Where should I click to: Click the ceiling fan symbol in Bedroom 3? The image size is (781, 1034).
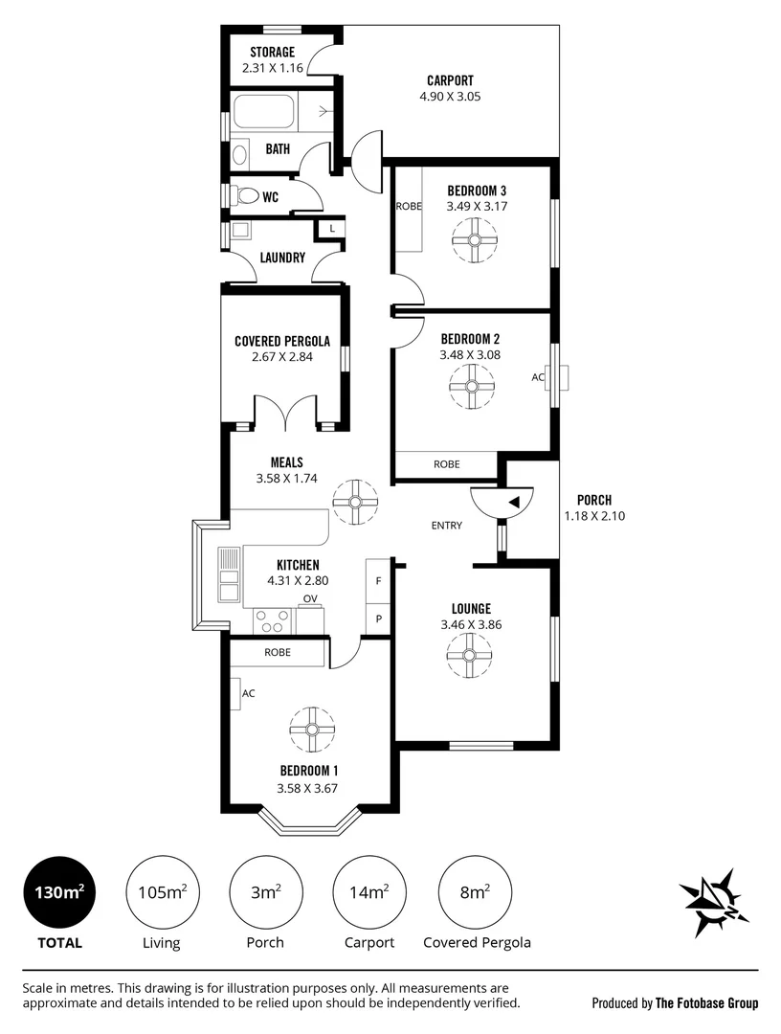475,240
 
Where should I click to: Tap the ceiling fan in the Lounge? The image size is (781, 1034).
469,656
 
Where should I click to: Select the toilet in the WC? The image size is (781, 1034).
247,196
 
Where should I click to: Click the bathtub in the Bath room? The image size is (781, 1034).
263,113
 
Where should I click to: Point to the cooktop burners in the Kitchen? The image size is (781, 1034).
273,619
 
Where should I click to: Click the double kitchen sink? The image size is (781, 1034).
230,574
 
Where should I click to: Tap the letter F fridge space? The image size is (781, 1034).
378,581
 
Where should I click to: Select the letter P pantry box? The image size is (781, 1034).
378,619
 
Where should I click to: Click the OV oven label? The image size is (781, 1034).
310,598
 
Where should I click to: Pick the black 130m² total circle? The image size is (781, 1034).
60,892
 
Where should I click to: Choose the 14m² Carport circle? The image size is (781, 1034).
369,892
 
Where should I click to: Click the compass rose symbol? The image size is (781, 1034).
714,902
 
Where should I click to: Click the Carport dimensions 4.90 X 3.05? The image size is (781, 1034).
450,97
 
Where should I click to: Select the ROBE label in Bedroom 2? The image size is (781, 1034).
447,464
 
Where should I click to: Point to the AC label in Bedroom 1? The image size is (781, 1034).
249,693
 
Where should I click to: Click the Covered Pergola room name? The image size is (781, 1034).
282,341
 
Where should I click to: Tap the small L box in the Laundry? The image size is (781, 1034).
332,229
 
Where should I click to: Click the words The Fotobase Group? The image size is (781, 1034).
706,1003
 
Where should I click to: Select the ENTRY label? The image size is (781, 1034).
447,526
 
